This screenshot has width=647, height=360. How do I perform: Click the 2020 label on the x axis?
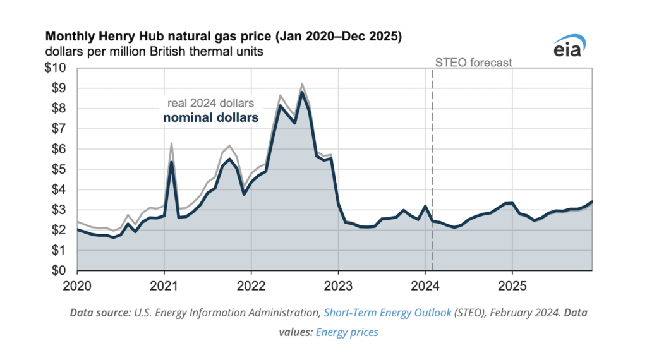click(x=77, y=285)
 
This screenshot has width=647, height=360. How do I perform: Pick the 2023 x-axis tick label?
click(x=338, y=285)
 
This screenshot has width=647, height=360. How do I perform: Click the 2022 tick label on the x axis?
click(x=251, y=285)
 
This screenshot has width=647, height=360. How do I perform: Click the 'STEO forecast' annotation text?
click(x=474, y=63)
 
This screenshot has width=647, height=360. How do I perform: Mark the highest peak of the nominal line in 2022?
click(x=302, y=93)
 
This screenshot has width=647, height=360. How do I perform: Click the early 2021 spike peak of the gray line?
click(x=171, y=143)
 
